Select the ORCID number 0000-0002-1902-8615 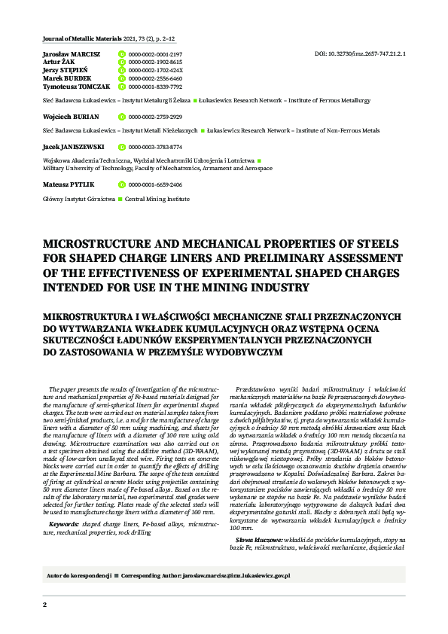(x=155, y=62)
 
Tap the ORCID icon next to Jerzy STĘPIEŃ (x=123, y=70)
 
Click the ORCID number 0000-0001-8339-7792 (x=155, y=87)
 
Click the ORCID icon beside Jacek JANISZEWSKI (x=123, y=148)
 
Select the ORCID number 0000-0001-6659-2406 (x=155, y=184)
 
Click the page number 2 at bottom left (x=44, y=605)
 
